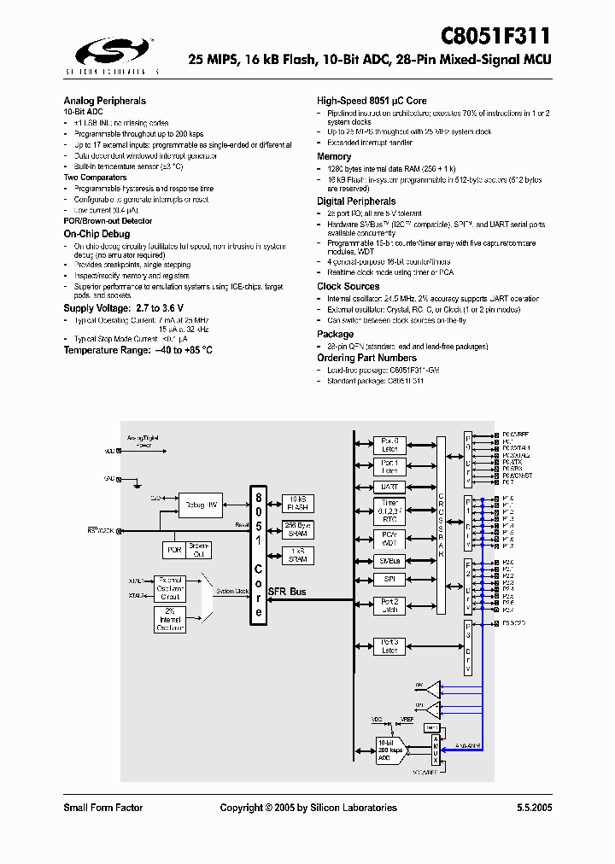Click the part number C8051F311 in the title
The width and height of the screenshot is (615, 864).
(495, 37)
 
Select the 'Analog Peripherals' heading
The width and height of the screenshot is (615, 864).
(104, 101)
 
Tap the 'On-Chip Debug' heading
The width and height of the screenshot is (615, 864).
(97, 233)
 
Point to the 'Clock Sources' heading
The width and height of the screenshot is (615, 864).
(348, 287)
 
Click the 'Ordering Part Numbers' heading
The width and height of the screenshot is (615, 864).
(366, 358)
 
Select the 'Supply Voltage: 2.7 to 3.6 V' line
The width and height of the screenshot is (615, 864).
(123, 307)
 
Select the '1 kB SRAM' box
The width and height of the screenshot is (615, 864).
(298, 556)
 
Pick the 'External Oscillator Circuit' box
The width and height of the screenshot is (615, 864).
(172, 587)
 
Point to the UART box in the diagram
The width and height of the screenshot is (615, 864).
(389, 487)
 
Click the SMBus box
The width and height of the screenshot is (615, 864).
(389, 561)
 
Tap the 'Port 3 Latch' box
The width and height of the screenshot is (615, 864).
(389, 645)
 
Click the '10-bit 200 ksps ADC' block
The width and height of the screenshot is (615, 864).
(389, 750)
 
